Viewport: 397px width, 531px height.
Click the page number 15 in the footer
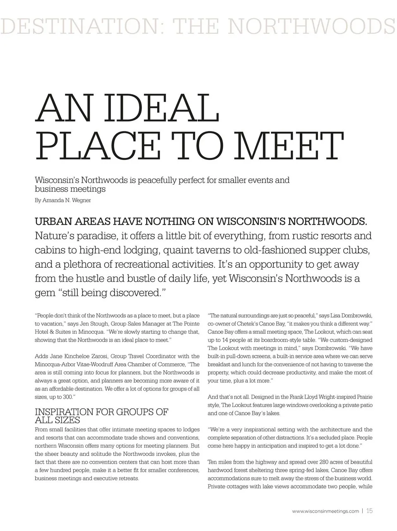pyautogui.click(x=369, y=511)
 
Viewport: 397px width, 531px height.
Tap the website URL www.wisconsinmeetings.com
pyautogui.click(x=325, y=511)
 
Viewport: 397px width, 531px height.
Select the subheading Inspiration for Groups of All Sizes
pyautogui.click(x=101, y=416)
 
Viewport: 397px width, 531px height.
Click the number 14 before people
pyautogui.click(x=225, y=340)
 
